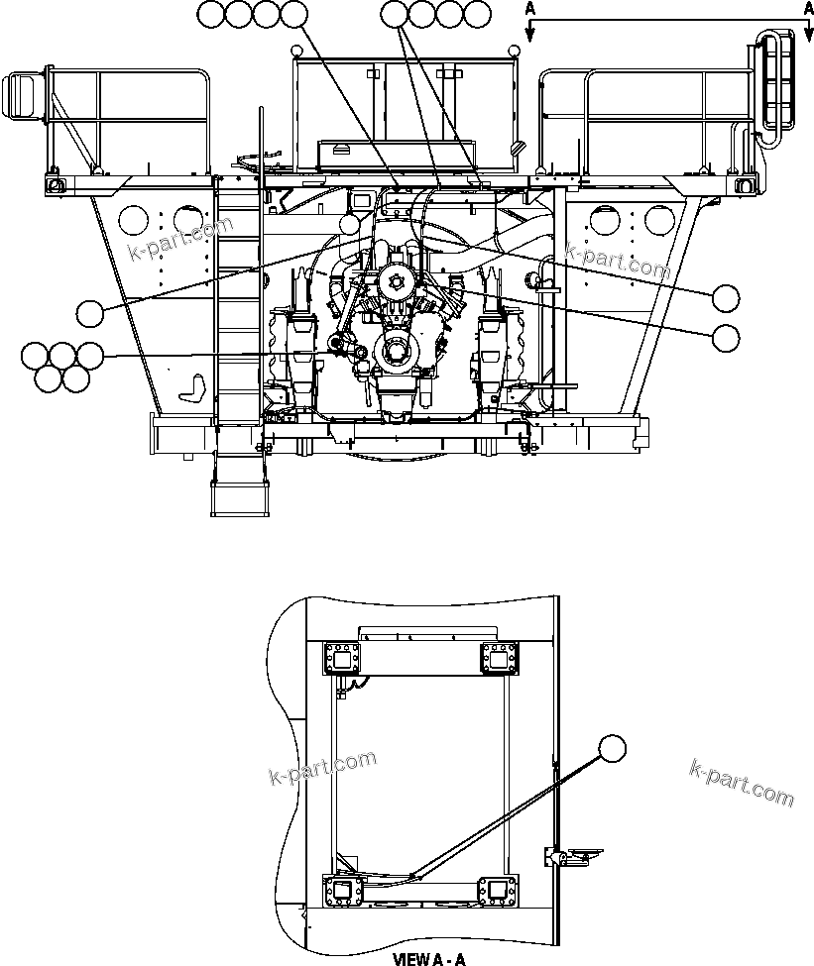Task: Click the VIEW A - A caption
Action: click(x=428, y=958)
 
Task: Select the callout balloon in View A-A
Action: click(x=614, y=749)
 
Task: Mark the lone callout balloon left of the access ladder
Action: click(x=91, y=313)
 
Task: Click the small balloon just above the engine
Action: click(x=349, y=224)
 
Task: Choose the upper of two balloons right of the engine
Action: click(x=726, y=296)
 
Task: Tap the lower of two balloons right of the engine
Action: click(x=726, y=337)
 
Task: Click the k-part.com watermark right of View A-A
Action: click(x=740, y=783)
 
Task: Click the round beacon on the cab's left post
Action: click(x=296, y=51)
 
